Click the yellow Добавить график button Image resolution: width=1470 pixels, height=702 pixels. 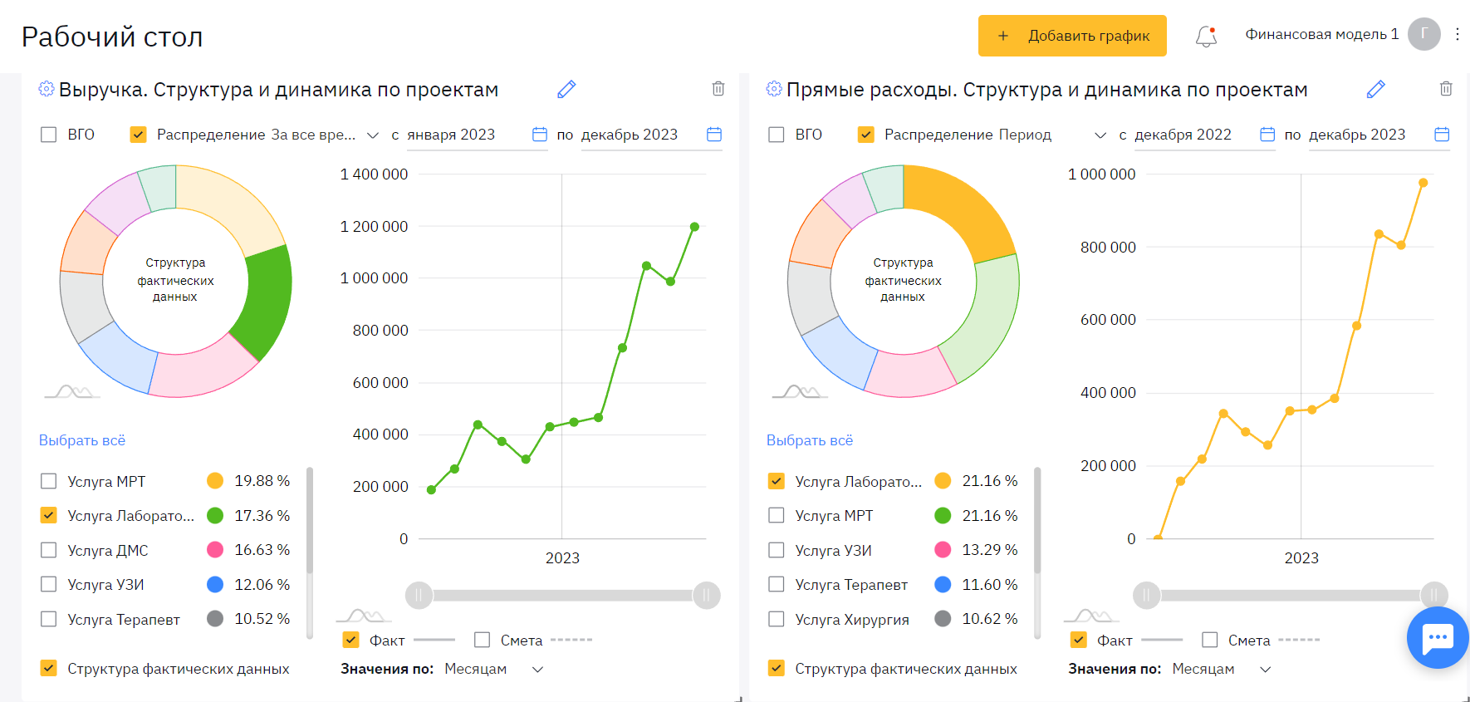1071,36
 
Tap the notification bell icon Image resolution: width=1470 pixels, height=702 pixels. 1206,36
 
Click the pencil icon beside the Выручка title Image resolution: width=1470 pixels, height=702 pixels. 566,89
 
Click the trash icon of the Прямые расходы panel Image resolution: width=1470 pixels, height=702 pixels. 1446,88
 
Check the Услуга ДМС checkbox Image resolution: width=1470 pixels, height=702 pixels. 49,550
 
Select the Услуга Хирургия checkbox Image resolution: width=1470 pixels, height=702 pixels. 777,619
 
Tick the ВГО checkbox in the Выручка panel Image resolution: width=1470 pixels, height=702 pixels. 49,135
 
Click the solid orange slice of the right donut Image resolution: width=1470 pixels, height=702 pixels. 968,208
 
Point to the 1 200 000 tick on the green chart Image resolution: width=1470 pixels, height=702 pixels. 374,227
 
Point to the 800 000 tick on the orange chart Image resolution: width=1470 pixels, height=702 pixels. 1108,248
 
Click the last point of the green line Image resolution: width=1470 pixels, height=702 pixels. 694,227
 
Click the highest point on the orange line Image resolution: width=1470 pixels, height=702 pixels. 1423,183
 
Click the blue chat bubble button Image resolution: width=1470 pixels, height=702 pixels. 1437,638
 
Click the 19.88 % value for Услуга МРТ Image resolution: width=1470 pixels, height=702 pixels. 262,481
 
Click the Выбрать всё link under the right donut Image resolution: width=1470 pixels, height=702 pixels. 810,440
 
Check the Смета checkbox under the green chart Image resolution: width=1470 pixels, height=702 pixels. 482,640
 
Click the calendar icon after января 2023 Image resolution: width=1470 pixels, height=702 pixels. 540,135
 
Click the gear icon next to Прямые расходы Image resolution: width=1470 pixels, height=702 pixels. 774,89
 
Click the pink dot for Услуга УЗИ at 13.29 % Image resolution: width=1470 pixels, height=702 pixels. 943,550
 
